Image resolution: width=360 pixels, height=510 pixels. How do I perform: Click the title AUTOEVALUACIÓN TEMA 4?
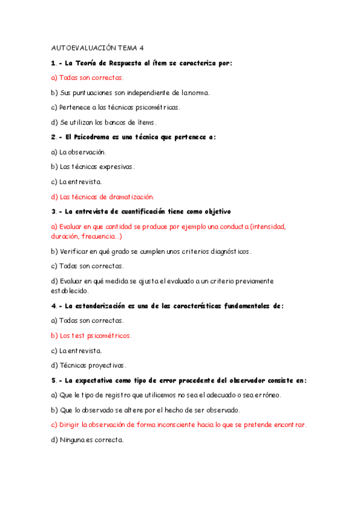[x=98, y=48]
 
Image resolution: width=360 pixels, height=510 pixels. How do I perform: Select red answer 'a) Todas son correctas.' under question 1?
[x=88, y=78]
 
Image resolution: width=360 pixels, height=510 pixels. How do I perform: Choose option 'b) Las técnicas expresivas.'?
[x=93, y=167]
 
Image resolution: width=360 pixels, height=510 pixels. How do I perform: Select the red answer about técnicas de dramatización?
[x=103, y=196]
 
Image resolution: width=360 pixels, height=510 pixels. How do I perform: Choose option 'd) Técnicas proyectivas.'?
[x=89, y=365]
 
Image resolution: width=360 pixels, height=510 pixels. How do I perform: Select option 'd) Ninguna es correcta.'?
[x=87, y=440]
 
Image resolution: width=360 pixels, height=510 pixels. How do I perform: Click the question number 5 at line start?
[x=53, y=380]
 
